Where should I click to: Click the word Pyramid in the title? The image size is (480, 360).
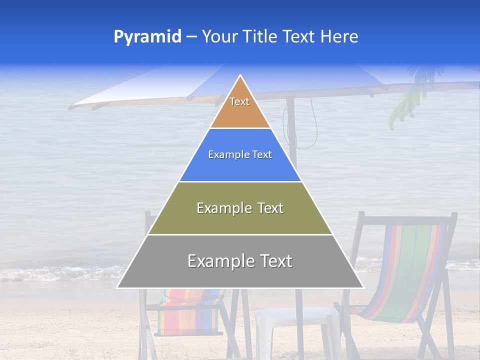(147, 37)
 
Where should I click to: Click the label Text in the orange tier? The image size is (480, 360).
(239, 101)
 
